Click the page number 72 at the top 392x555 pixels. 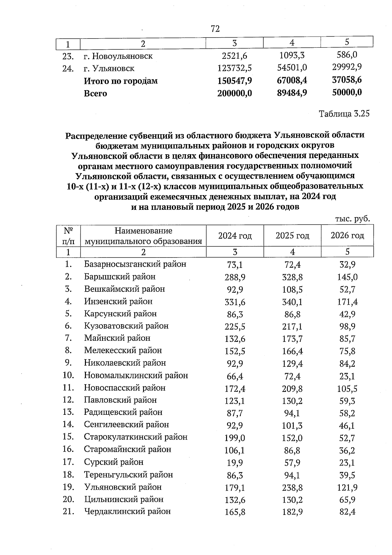click(x=215, y=29)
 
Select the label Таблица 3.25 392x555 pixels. click(x=344, y=114)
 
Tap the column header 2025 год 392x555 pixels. click(x=292, y=236)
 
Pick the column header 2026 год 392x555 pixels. click(x=347, y=236)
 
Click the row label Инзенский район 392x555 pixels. click(x=118, y=301)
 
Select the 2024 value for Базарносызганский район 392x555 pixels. click(x=235, y=265)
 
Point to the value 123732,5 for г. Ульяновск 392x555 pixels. click(x=235, y=68)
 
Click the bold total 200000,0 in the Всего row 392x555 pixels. click(x=235, y=93)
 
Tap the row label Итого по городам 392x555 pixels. click(x=121, y=81)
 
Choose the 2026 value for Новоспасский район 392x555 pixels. click(x=347, y=389)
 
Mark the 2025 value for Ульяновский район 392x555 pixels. click(x=292, y=488)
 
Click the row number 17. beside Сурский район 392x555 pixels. click(x=68, y=462)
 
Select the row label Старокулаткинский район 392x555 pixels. click(x=136, y=437)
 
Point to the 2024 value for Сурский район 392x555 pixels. click(x=235, y=463)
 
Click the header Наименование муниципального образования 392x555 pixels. click(x=143, y=236)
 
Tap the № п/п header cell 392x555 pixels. click(x=68, y=236)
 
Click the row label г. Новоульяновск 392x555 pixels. click(x=118, y=56)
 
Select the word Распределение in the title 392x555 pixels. click(x=94, y=135)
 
